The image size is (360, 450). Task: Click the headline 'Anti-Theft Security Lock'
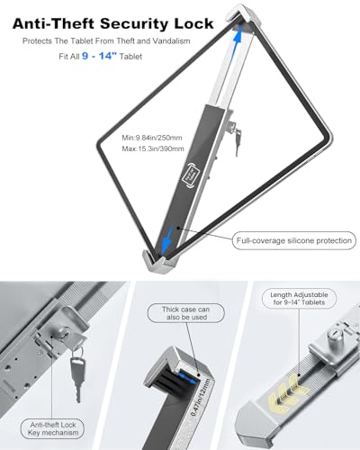pos(113,23)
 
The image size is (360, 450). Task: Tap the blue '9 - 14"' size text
pos(99,56)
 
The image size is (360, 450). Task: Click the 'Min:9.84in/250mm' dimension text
pos(152,138)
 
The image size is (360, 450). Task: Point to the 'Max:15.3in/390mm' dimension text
pos(153,148)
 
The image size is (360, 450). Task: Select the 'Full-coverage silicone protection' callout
pos(294,240)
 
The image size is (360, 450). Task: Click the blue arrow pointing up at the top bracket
pos(238,41)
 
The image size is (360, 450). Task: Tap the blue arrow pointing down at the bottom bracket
pos(166,239)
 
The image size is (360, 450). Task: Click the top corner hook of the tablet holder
pos(242,15)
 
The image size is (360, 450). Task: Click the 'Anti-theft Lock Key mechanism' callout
pos(52,428)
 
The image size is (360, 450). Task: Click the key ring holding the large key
pos(77,352)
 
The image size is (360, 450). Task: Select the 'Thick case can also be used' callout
pos(186,313)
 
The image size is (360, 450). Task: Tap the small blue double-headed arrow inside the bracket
pos(186,377)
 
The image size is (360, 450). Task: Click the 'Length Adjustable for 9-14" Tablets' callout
pos(299,299)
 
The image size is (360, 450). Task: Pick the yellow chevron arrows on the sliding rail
pos(289,392)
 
